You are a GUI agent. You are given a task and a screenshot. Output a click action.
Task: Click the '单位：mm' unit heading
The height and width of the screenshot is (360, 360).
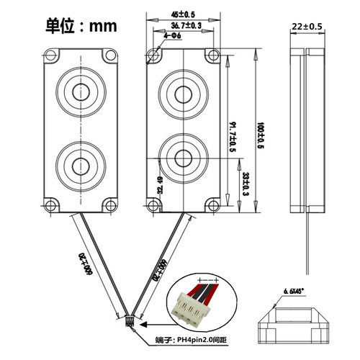[x=81, y=26]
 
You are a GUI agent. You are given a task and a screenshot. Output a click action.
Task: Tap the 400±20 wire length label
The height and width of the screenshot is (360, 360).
[x=85, y=265]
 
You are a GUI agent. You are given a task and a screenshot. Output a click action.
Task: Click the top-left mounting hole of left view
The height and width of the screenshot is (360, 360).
[x=51, y=55]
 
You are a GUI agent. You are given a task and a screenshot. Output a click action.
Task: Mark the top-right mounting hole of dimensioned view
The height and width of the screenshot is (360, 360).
[x=212, y=55]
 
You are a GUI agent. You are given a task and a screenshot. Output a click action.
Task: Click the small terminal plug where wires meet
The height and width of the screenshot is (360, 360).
[x=130, y=322]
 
